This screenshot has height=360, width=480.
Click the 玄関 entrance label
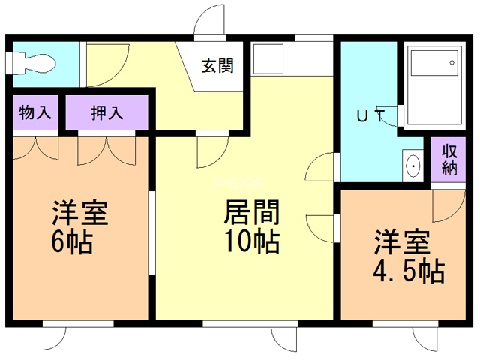(217, 66)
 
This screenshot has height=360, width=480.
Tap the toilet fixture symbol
(31, 64)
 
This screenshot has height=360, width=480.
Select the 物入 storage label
(35, 112)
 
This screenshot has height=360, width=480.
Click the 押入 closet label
(106, 112)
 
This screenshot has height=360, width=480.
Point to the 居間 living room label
(252, 212)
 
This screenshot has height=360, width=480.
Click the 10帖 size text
(252, 241)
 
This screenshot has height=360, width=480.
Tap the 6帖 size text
(72, 241)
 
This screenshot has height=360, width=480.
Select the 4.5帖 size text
(408, 271)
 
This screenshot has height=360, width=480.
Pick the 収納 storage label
(449, 160)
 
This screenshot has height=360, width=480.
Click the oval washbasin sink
(413, 166)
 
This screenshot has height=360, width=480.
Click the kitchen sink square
(268, 59)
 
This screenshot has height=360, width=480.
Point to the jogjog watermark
(238, 182)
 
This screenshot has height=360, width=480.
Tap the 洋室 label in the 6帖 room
(80, 212)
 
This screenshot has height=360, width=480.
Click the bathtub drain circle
(451, 63)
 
